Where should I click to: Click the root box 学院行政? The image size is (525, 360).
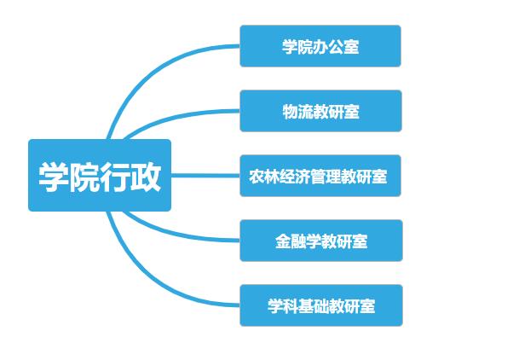(100, 175)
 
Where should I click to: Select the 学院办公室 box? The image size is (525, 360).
(320, 46)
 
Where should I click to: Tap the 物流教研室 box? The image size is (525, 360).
(320, 111)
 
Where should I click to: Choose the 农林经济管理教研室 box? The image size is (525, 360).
(320, 176)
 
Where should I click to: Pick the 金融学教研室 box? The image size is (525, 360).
(321, 241)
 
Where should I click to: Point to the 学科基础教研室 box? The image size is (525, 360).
(321, 305)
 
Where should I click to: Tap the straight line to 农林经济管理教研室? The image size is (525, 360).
(205, 175)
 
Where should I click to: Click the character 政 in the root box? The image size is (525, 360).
(146, 177)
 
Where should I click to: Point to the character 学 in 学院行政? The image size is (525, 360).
(54, 177)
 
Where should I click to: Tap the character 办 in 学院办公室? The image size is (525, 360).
(320, 47)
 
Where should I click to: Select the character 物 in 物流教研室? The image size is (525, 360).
(290, 112)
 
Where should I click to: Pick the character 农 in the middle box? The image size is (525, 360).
(257, 177)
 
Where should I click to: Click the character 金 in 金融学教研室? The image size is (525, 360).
(283, 241)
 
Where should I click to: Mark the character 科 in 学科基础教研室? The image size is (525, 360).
(291, 306)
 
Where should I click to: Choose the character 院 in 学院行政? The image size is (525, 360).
(84, 177)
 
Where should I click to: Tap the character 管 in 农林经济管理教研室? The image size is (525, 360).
(318, 177)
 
